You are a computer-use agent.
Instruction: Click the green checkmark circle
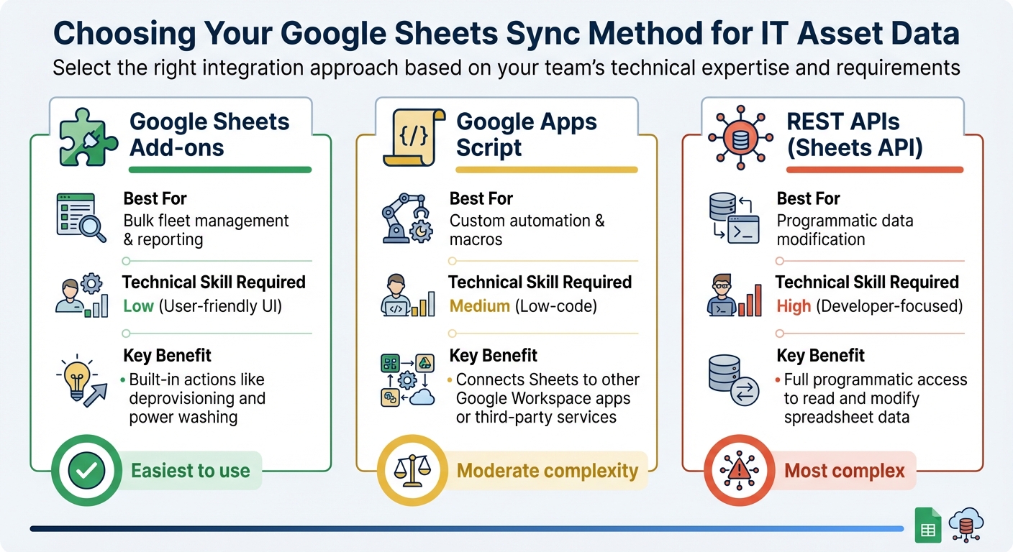pyautogui.click(x=86, y=471)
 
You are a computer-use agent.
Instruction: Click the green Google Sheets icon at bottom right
pyautogui.click(x=927, y=526)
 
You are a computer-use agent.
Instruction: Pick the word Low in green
pyautogui.click(x=138, y=306)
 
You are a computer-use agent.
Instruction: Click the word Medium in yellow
pyautogui.click(x=479, y=306)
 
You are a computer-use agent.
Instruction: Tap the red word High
pyautogui.click(x=794, y=306)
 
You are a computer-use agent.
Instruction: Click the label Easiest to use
pyautogui.click(x=190, y=471)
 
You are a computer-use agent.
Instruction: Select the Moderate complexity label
pyautogui.click(x=548, y=471)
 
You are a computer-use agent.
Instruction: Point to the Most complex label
pyautogui.click(x=844, y=471)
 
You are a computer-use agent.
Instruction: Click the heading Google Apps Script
pyautogui.click(x=527, y=135)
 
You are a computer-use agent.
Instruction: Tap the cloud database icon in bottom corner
pyautogui.click(x=965, y=525)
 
